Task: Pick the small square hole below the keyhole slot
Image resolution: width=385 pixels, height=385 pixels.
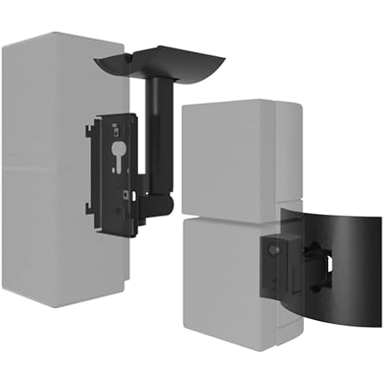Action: [125, 193]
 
